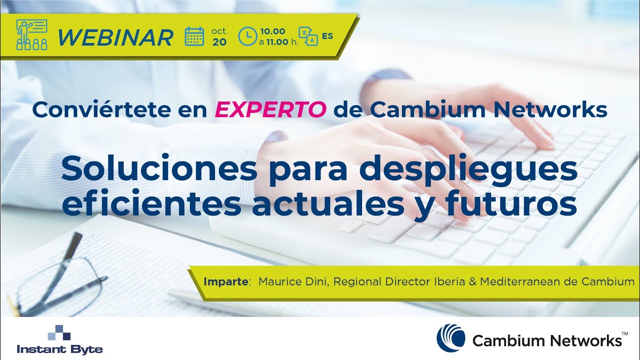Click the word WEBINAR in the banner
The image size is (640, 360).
(115, 37)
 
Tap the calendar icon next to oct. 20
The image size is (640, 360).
(194, 36)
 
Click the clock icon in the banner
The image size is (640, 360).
(247, 36)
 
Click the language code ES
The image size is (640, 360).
(327, 36)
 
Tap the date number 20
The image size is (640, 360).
(219, 42)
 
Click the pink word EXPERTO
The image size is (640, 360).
(270, 110)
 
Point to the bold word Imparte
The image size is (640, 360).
(226, 282)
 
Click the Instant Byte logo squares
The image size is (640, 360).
(59, 332)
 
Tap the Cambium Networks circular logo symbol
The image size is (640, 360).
(450, 337)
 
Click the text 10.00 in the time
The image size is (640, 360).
(273, 31)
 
